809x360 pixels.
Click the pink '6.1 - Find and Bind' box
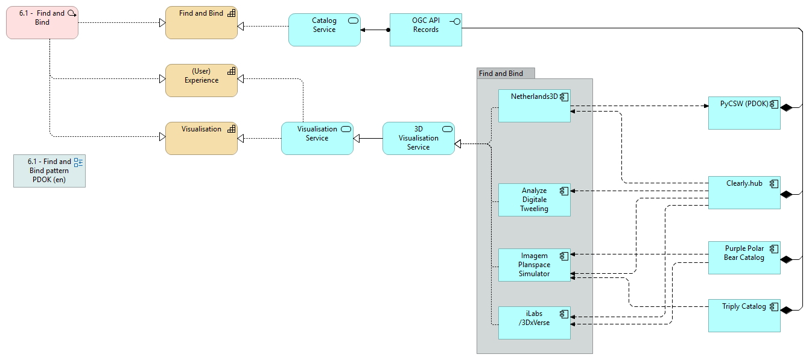point(42,23)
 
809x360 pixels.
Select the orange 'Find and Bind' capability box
point(201,23)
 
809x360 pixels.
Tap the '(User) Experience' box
point(201,81)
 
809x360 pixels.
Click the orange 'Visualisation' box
point(201,139)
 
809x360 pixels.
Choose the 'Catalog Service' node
point(324,30)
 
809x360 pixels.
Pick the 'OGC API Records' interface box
point(426,30)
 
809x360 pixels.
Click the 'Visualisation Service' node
point(317,138)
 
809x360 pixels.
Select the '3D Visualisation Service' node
point(418,138)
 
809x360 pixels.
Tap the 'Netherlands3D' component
point(534,106)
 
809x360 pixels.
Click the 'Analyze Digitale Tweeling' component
point(534,200)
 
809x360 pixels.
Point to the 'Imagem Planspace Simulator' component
point(534,265)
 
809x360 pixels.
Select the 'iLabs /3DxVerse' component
point(534,323)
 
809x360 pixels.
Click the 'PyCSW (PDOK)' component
point(744,112)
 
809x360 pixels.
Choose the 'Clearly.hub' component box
point(744,193)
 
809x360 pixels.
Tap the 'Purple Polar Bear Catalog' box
point(744,257)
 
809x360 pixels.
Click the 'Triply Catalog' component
point(744,315)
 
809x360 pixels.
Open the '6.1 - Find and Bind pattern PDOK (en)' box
point(49,171)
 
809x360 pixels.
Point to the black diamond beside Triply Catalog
point(785,310)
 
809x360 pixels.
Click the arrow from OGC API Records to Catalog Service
point(375,30)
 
